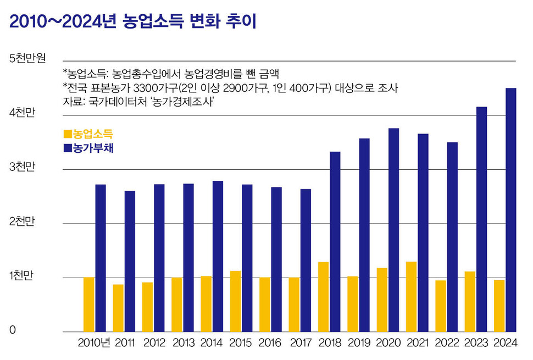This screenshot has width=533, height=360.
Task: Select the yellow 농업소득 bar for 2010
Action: tap(88, 304)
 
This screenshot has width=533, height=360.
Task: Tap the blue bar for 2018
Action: tap(335, 242)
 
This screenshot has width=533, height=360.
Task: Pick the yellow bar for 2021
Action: tap(411, 297)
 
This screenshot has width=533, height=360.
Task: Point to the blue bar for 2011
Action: tap(130, 261)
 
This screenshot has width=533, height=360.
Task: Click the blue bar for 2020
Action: tap(393, 230)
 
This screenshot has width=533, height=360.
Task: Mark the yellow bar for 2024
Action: tap(499, 306)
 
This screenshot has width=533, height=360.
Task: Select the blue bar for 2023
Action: tap(481, 219)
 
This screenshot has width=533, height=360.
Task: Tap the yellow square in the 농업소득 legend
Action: tap(68, 134)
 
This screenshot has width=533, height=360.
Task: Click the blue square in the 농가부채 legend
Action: tap(68, 148)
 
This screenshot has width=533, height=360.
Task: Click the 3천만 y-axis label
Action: tap(22, 168)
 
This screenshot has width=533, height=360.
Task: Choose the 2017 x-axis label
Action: tap(300, 343)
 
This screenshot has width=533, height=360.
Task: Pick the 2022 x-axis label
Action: tap(446, 343)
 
